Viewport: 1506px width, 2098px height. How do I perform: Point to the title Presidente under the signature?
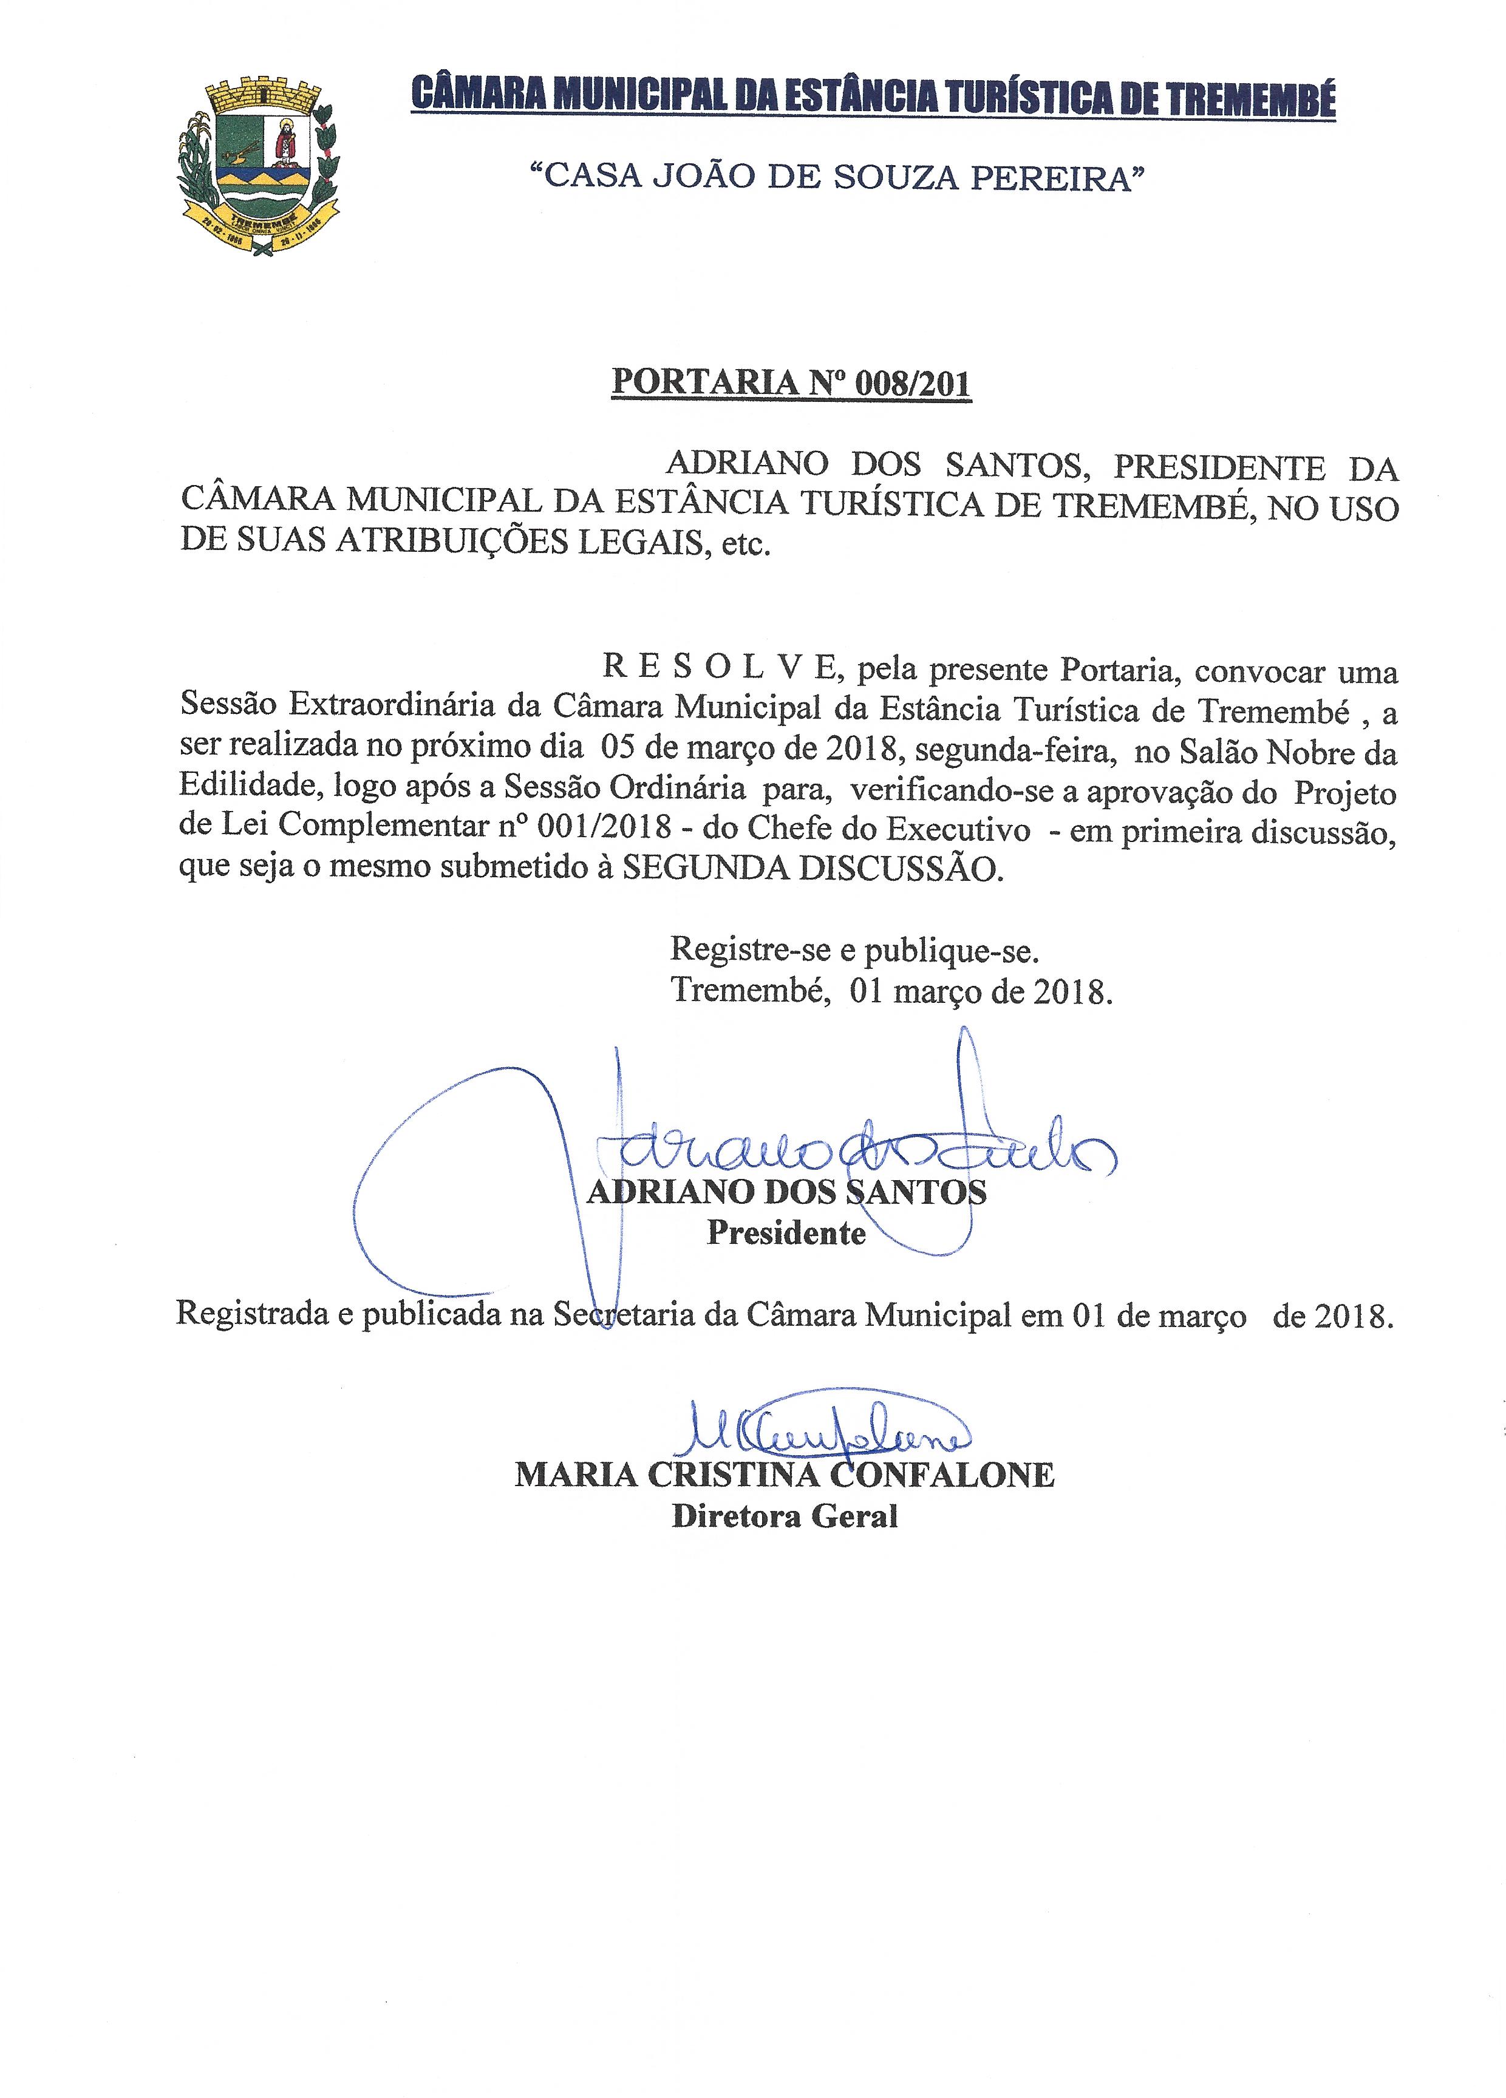click(x=786, y=1233)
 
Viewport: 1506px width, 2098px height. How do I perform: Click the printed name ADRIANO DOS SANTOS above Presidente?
click(x=787, y=1192)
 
